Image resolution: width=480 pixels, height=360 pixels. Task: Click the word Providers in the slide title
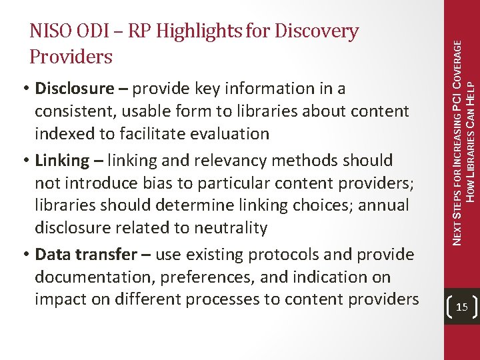click(x=71, y=57)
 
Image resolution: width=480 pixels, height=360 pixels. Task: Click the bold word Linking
click(x=62, y=161)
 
